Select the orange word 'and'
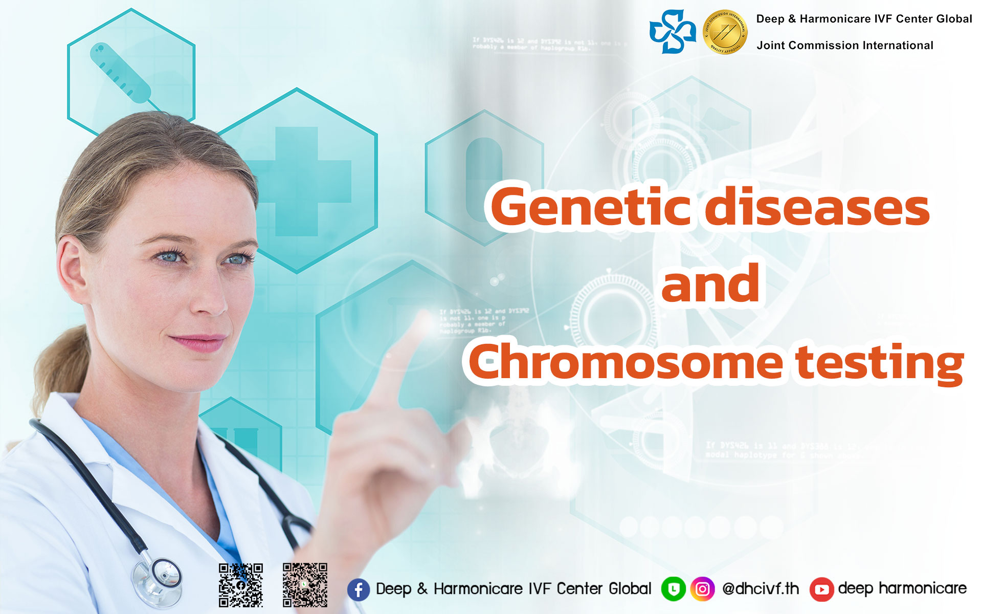click(x=710, y=284)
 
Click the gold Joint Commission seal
click(x=725, y=33)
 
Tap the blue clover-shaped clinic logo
click(x=673, y=32)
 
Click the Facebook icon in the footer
click(x=359, y=589)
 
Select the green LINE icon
click(x=674, y=589)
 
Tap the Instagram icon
click(x=703, y=589)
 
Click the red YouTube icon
click(x=821, y=589)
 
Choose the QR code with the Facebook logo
click(x=241, y=585)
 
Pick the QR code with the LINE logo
click(x=305, y=585)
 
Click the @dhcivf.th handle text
click(x=761, y=589)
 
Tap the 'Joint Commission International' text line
click(x=845, y=46)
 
